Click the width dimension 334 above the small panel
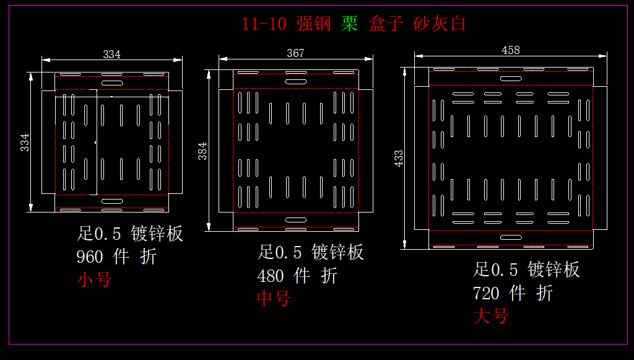pos(111,55)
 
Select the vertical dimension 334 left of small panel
pos(25,142)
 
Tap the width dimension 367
pos(295,53)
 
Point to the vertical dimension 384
pos(202,151)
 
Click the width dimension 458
pos(510,50)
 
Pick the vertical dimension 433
pos(399,157)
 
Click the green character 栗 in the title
pos(350,24)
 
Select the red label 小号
pos(93,279)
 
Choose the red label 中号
pos(274,299)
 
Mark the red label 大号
pos(490,316)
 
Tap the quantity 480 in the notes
pos(271,276)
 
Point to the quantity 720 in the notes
pos(486,292)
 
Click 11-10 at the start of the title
pos(264,24)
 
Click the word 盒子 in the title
pos(386,24)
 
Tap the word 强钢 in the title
pos(314,24)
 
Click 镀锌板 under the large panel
pos(554,270)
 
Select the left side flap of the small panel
pos(48,141)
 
